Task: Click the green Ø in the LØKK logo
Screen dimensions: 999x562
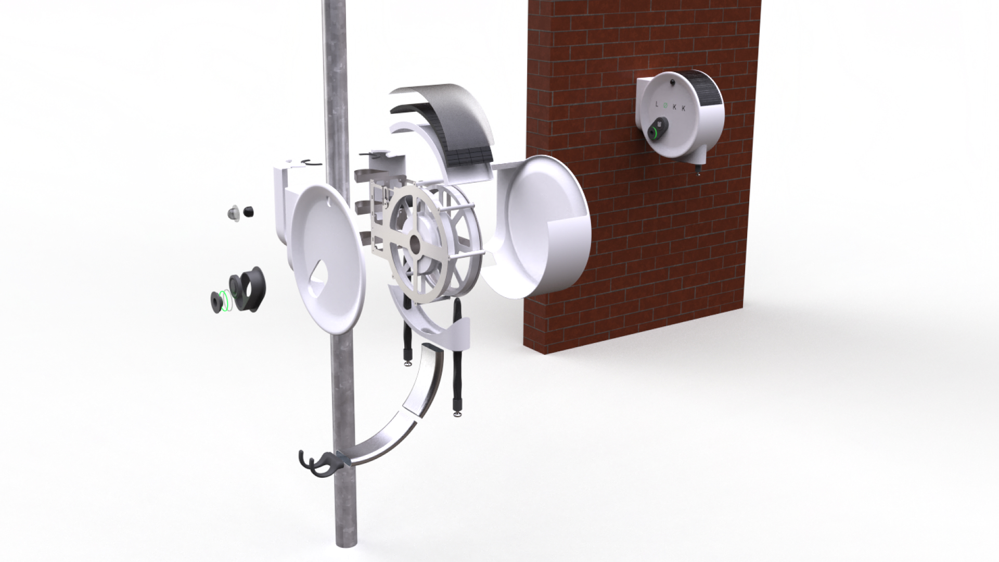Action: click(x=669, y=106)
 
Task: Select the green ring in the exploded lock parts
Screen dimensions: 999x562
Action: click(x=224, y=300)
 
